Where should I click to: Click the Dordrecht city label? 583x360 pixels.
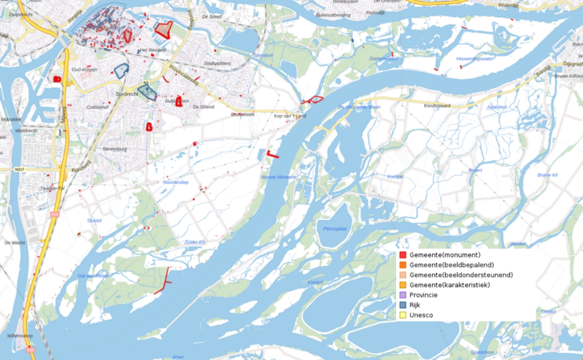[127, 94]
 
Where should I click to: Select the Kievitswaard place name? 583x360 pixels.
[437, 105]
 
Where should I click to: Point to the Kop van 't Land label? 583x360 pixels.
[290, 116]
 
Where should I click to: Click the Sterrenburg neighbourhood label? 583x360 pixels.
[114, 149]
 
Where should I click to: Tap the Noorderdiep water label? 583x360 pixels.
[175, 182]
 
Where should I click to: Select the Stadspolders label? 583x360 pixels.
[217, 63]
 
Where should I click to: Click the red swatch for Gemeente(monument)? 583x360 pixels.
[403, 255]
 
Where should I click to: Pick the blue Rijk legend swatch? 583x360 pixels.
[403, 305]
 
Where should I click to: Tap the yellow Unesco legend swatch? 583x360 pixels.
[403, 315]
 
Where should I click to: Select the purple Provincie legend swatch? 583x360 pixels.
[403, 295]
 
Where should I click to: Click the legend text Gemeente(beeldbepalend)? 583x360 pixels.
[451, 265]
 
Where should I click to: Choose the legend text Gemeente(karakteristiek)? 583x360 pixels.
[449, 285]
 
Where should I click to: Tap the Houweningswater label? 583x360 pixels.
[475, 59]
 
